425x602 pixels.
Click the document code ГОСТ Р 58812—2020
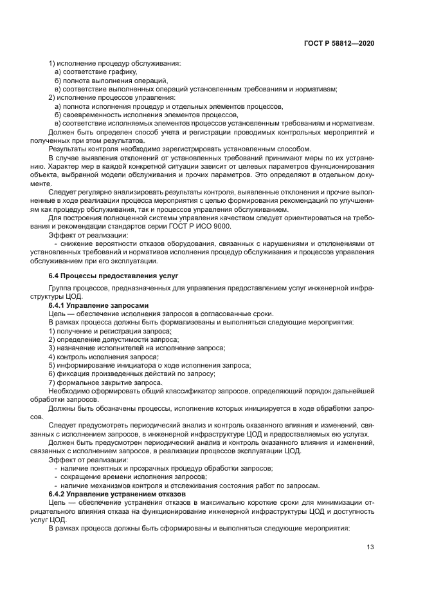pos(342,42)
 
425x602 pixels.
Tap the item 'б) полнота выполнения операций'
pos(106,80)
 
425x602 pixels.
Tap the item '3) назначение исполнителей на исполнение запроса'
pos(137,348)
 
